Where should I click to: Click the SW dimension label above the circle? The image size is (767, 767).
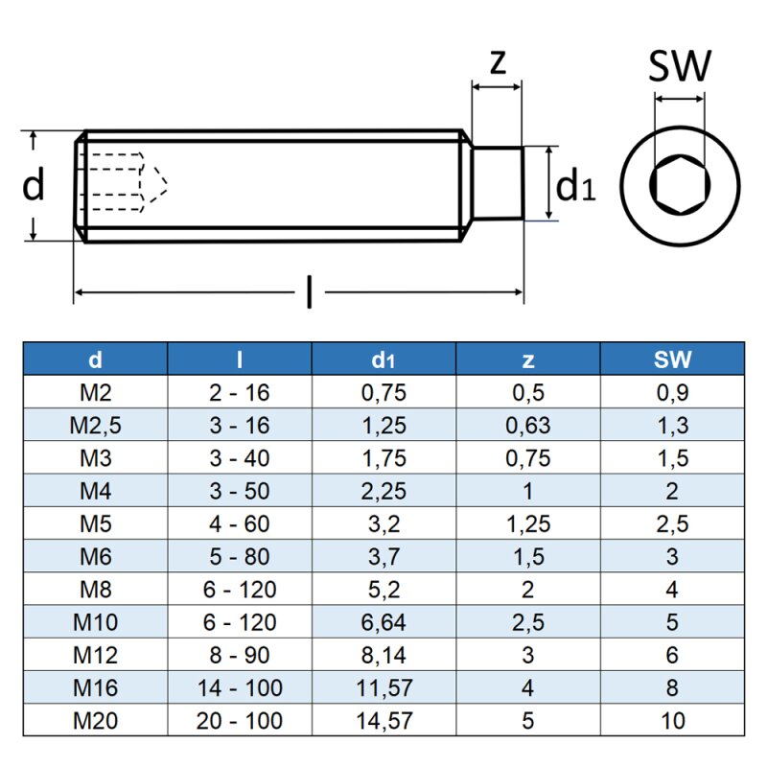(x=680, y=66)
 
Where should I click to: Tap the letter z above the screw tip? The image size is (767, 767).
(x=497, y=63)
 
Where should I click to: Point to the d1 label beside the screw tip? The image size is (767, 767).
(x=576, y=185)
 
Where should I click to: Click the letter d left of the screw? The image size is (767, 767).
(x=34, y=185)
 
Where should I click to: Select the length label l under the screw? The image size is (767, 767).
(x=308, y=291)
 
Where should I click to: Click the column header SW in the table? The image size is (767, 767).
(x=672, y=360)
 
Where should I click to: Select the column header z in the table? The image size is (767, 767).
(x=527, y=360)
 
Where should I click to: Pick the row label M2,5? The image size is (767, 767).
(x=95, y=425)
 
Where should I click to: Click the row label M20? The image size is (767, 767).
(x=95, y=719)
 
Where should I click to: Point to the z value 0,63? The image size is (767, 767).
(x=527, y=425)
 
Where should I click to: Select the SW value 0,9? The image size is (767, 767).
(x=672, y=392)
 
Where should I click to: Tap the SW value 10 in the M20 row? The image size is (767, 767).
(x=672, y=719)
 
